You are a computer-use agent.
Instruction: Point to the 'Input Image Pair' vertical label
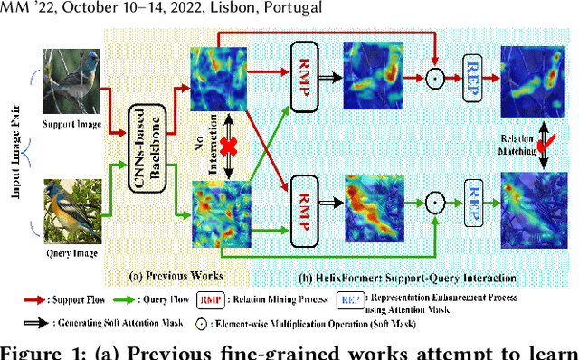[x=14, y=143]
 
